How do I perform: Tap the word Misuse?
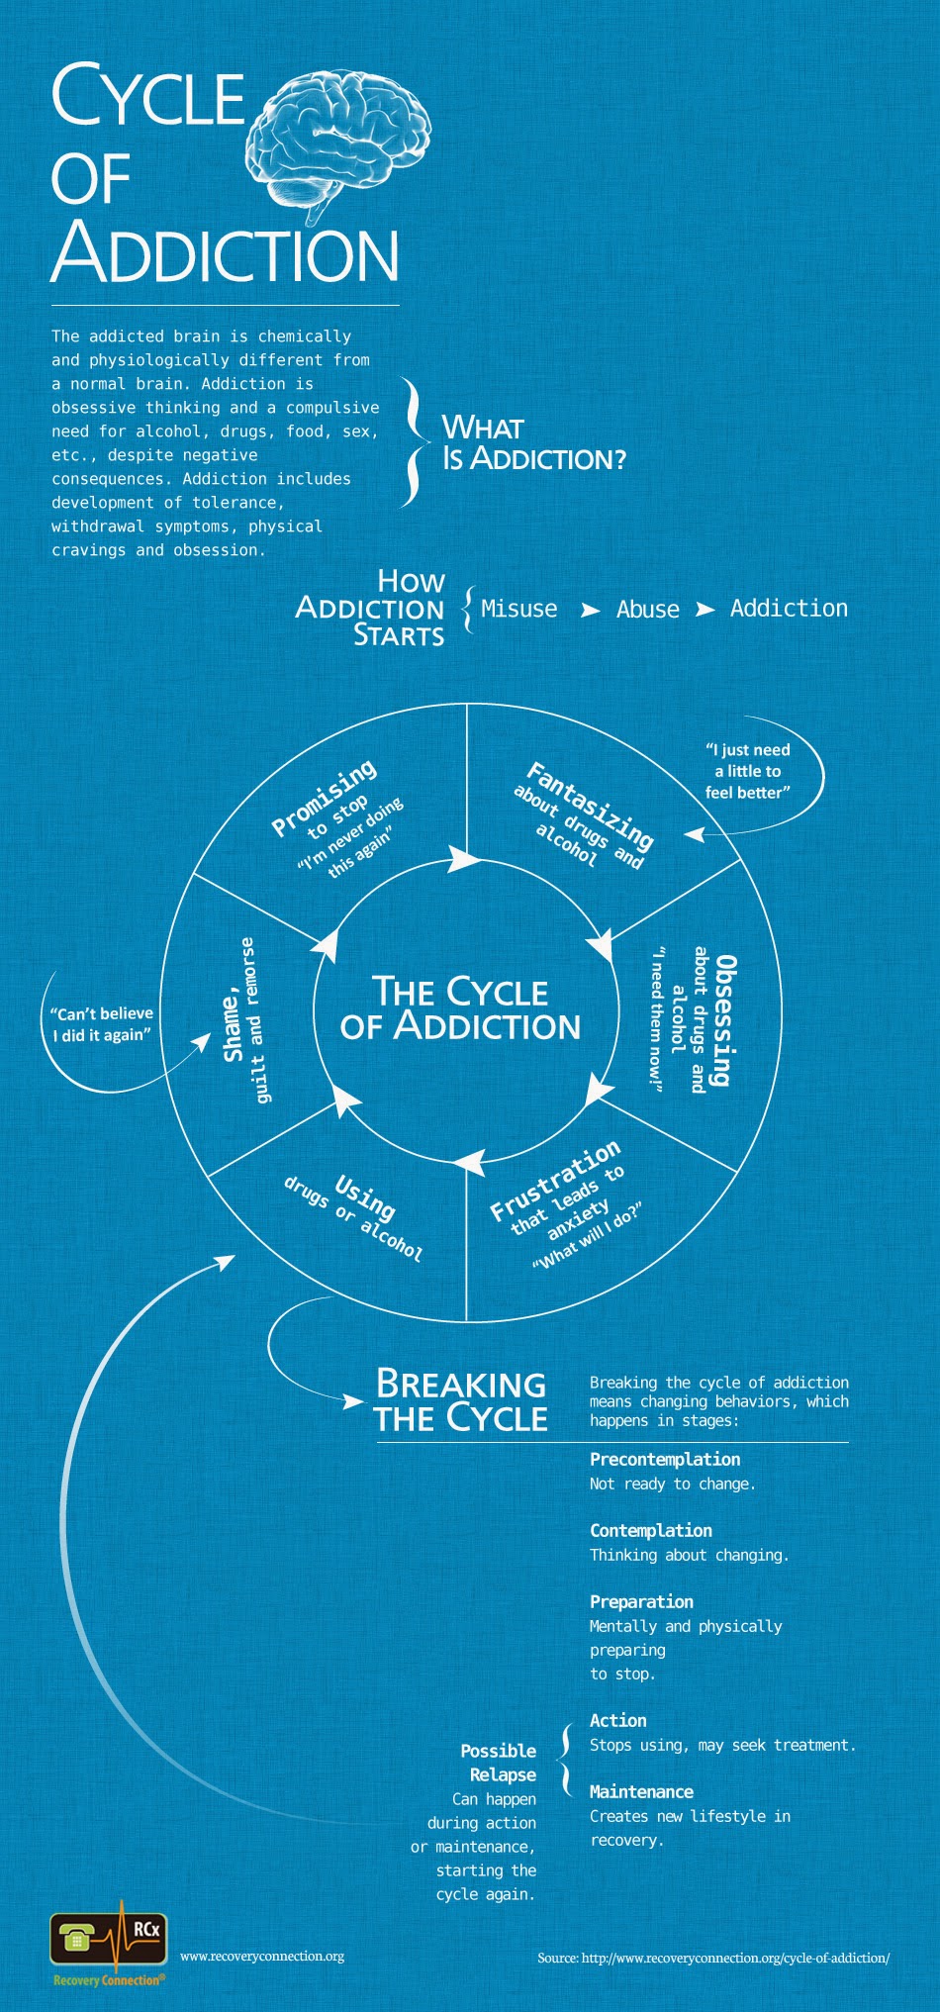518,609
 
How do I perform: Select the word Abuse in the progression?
648,610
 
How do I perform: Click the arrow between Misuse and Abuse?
590,611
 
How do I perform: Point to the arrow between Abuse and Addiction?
705,610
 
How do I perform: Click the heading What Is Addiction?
533,442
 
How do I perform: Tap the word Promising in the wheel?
325,798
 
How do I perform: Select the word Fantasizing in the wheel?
591,805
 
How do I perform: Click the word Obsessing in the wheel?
726,1020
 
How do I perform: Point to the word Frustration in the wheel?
555,1180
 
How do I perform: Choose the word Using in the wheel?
365,1197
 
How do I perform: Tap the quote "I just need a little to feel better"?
748,771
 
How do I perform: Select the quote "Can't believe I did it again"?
102,1024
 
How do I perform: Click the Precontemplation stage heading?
665,1459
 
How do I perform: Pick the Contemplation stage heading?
651,1530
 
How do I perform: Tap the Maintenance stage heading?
641,1791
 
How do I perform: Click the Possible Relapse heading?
500,1763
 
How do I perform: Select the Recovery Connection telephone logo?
109,1942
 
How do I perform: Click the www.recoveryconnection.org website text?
262,1956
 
